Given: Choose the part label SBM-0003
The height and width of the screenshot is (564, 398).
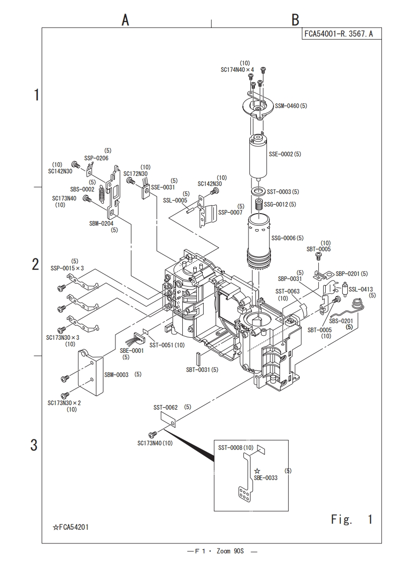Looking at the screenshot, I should click(116, 374).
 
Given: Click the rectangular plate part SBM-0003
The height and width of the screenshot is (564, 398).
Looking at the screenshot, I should click(91, 374).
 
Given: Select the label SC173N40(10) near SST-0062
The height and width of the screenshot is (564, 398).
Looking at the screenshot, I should click(155, 443).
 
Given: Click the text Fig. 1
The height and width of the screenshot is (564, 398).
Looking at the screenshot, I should click(351, 518).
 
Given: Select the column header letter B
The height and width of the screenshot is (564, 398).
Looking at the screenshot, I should click(296, 20).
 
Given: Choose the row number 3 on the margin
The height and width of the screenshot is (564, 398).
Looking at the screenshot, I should click(34, 445).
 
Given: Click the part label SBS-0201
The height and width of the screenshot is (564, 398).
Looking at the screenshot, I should click(341, 321).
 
